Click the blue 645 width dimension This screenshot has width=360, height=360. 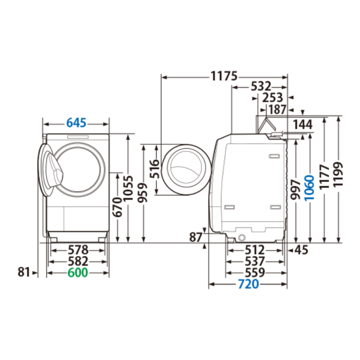pos(76,123)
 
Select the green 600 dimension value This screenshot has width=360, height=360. pos(78,272)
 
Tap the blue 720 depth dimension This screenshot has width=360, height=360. pos(248,284)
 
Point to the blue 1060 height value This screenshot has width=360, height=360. pos(309,188)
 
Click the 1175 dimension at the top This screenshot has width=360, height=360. pos(224,76)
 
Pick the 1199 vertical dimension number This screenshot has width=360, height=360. pos(338,174)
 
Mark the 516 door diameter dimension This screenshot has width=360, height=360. pos(155,169)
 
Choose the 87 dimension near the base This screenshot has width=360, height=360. pos(195,237)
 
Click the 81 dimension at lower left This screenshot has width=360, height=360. pos(24,272)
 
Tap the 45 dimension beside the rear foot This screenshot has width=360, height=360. pos(301,250)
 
